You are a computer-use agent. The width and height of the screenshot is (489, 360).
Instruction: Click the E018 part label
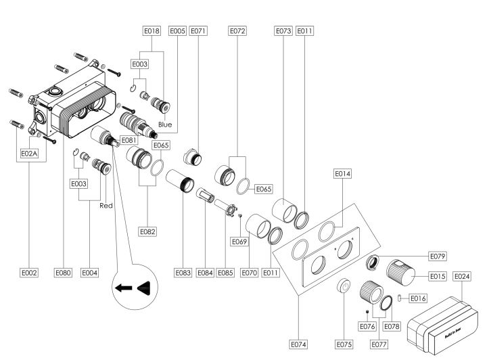pos(152,31)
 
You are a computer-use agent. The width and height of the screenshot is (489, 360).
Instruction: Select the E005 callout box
pos(177,31)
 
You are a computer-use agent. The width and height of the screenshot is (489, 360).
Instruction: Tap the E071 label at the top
pos(198,31)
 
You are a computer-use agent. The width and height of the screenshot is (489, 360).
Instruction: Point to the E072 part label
pos(237,31)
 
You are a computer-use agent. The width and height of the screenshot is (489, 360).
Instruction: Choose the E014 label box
pos(343,174)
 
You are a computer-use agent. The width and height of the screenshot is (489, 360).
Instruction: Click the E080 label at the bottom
pos(63,273)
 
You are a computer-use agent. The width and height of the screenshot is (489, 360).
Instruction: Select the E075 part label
pos(344,344)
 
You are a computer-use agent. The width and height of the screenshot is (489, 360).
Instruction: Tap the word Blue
pos(165,125)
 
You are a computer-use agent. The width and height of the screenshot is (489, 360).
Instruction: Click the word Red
pos(105,205)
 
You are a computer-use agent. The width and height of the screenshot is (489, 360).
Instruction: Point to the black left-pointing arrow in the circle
pos(124,288)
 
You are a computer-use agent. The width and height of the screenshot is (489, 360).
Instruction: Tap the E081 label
pos(129,141)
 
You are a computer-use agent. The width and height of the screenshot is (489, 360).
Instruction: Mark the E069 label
pos(239,241)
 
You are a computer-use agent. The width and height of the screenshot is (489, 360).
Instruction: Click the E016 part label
pos(418,298)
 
